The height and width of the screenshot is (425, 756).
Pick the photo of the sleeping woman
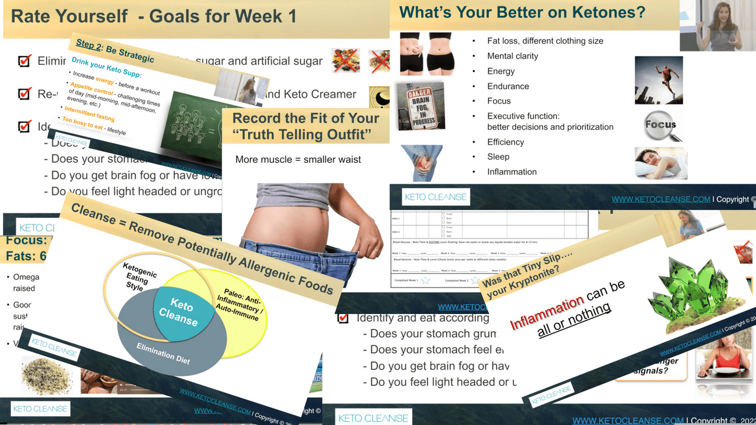point(661,163)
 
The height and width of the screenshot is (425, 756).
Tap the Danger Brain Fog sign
point(420,106)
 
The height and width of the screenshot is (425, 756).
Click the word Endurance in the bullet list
point(508,86)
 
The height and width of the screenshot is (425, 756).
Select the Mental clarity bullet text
point(513,56)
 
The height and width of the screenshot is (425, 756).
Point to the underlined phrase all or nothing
point(574,321)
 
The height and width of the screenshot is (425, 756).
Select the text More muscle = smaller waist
point(298,159)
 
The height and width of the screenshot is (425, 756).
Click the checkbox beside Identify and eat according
point(343,318)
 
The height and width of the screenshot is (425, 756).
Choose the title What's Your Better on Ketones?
point(522,12)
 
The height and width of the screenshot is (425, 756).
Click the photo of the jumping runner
point(659,80)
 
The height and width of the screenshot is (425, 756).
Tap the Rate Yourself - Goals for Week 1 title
point(154,16)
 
